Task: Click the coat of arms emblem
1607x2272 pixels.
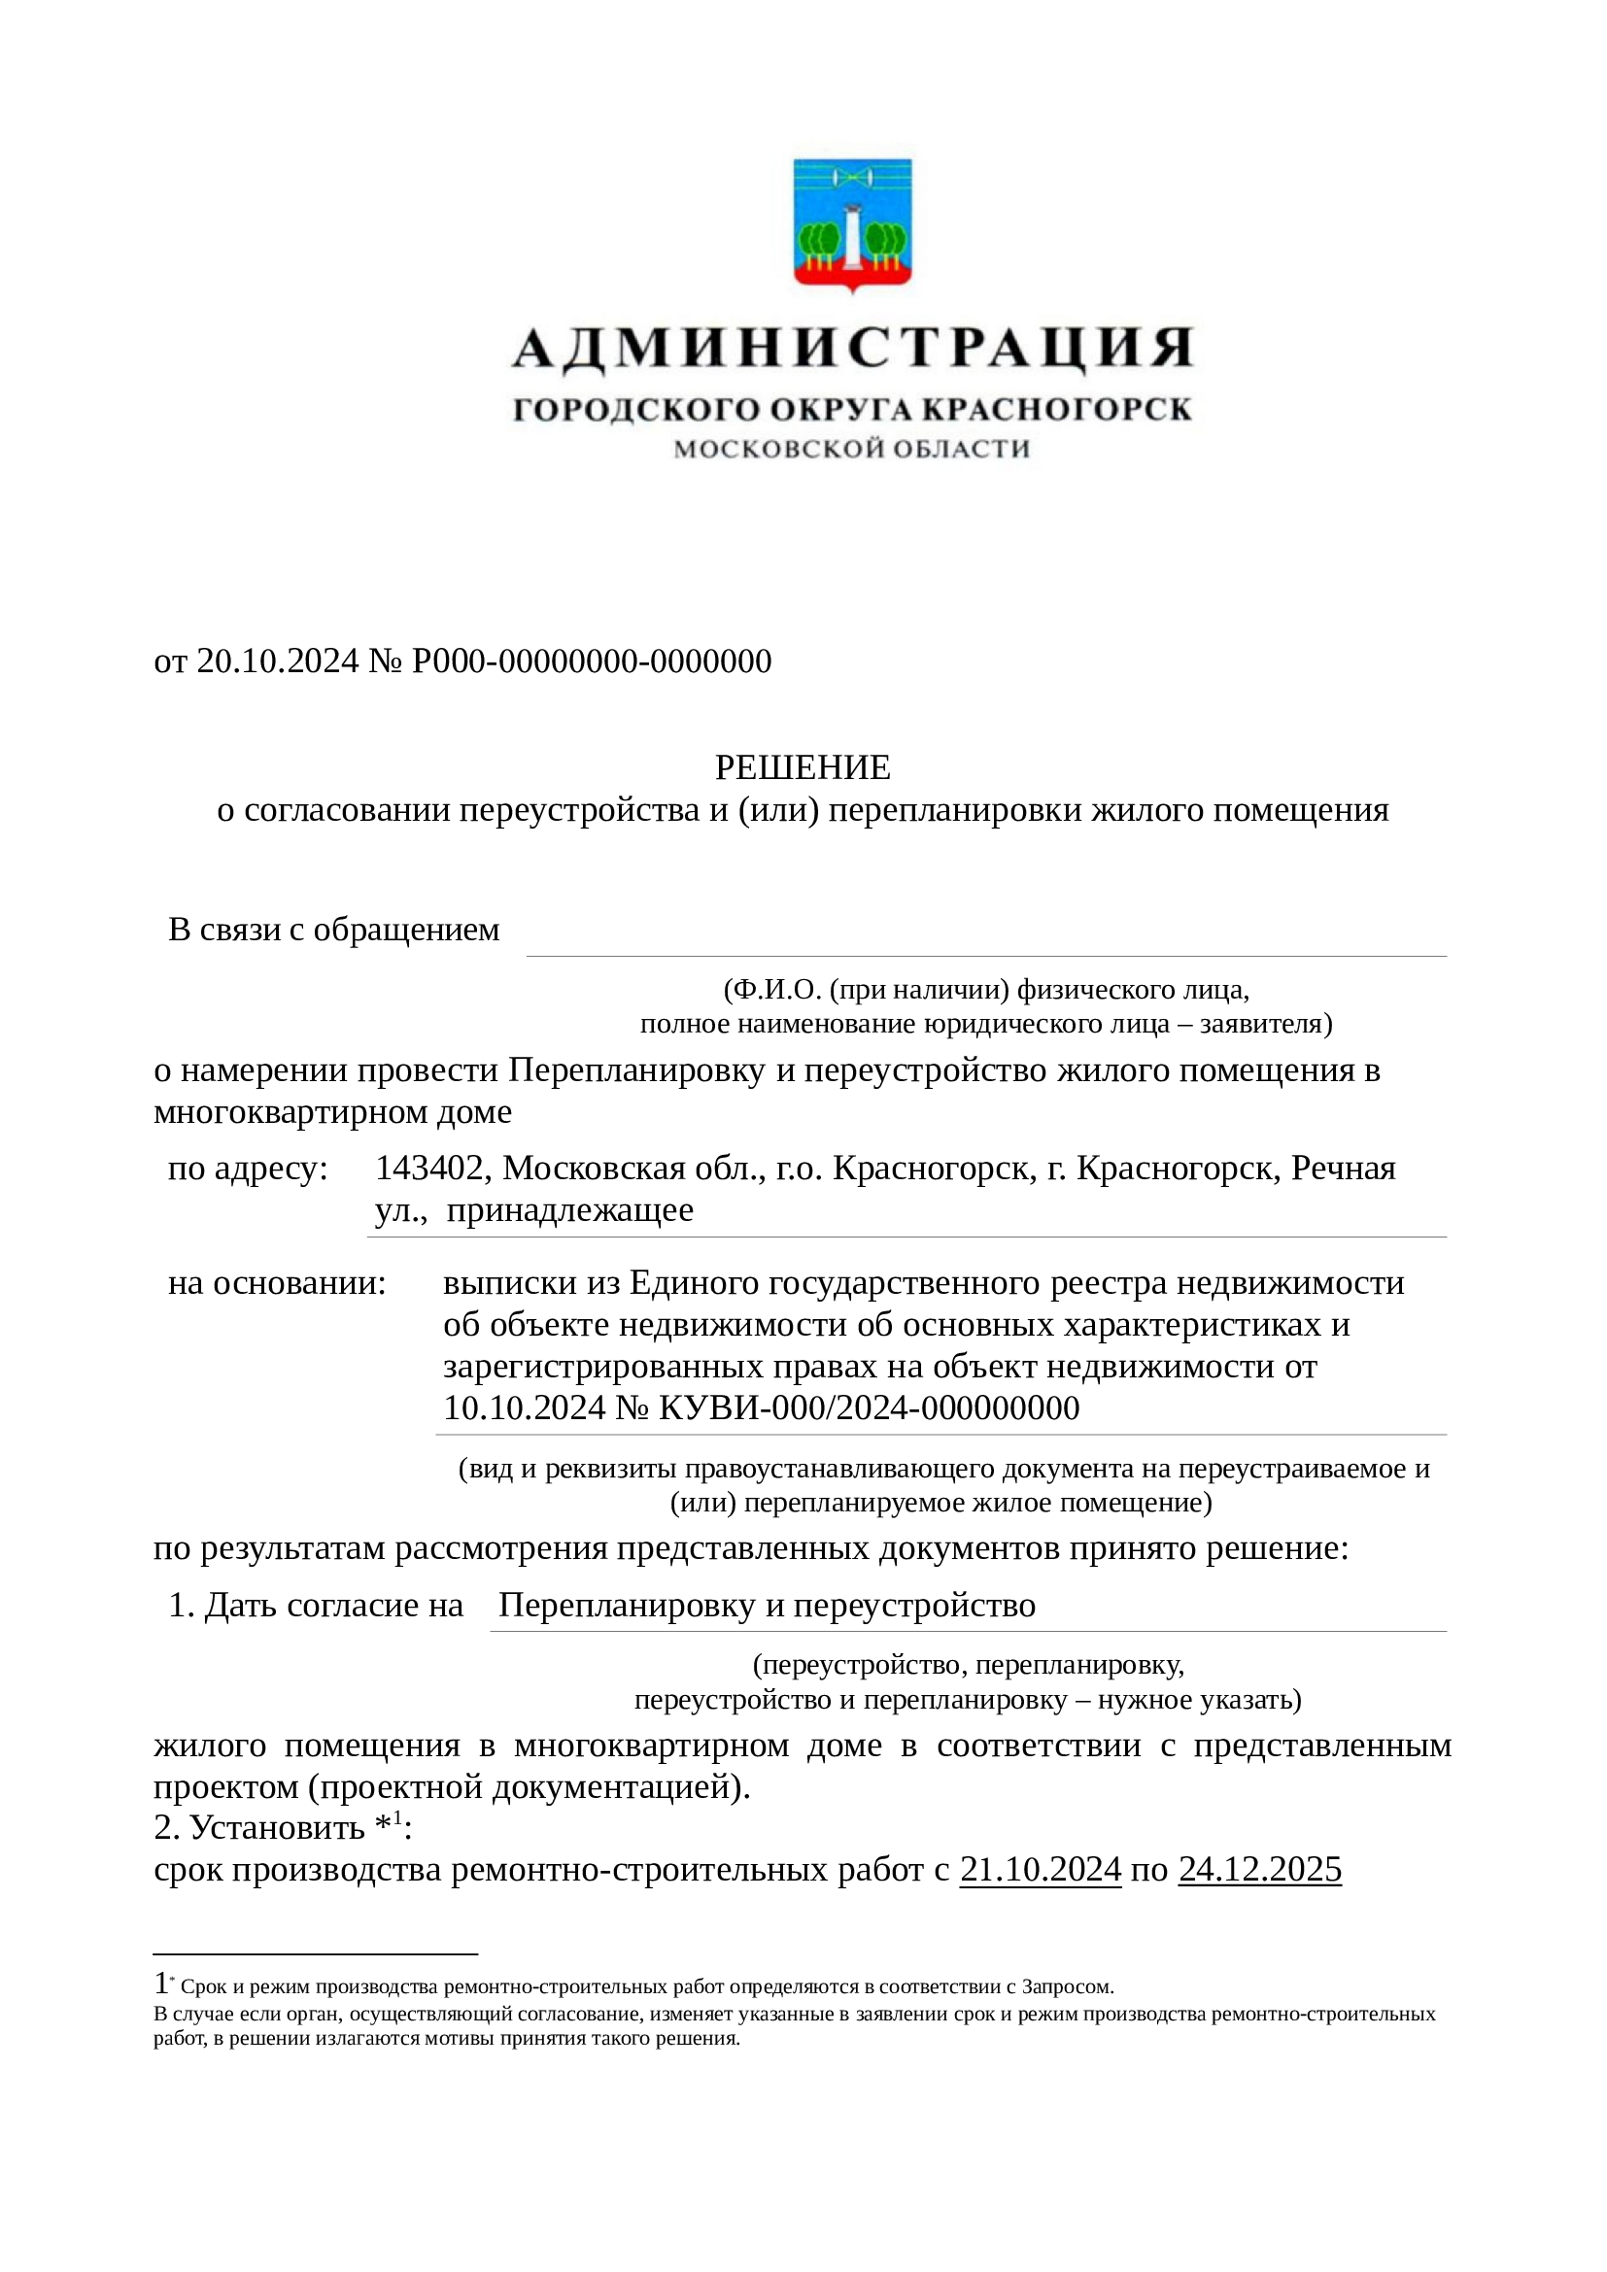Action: coord(852,225)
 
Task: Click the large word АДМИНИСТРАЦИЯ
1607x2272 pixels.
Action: coord(852,349)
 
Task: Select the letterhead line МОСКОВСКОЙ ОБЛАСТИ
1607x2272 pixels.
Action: coord(852,450)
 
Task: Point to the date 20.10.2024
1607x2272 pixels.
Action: coord(277,661)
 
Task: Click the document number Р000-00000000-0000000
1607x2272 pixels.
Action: coord(591,661)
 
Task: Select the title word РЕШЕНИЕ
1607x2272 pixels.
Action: coord(803,767)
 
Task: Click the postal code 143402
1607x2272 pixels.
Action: coord(430,1169)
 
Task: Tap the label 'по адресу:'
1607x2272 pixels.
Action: coord(248,1169)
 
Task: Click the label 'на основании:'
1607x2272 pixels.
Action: coord(277,1283)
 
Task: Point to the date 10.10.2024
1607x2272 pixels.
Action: coord(524,1408)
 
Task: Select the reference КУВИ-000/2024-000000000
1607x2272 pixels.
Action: coord(868,1408)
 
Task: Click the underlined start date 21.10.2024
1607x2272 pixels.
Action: coord(1040,1869)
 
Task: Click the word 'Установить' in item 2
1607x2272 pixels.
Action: coord(277,1828)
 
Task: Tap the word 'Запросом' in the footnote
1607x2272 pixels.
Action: coord(1066,1986)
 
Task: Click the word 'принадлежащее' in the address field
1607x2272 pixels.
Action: coord(569,1210)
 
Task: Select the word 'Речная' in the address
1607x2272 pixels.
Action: coord(1343,1169)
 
